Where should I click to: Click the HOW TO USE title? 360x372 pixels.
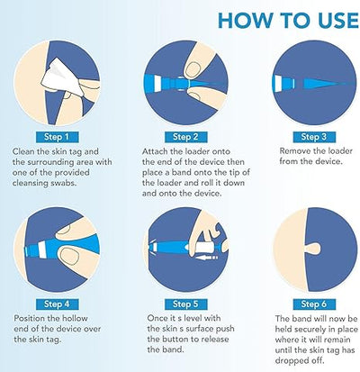(x=288, y=20)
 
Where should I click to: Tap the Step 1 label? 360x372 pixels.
(x=57, y=137)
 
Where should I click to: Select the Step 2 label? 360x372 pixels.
(x=185, y=137)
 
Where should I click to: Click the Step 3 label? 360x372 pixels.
(x=314, y=137)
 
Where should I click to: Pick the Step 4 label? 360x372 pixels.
(x=57, y=304)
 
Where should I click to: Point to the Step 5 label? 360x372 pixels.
(x=185, y=304)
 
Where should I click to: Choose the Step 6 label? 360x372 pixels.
(x=314, y=304)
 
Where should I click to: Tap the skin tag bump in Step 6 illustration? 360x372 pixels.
(x=313, y=250)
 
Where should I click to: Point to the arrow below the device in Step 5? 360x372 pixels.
(x=206, y=258)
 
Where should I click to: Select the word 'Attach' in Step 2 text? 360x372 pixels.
(x=155, y=151)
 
